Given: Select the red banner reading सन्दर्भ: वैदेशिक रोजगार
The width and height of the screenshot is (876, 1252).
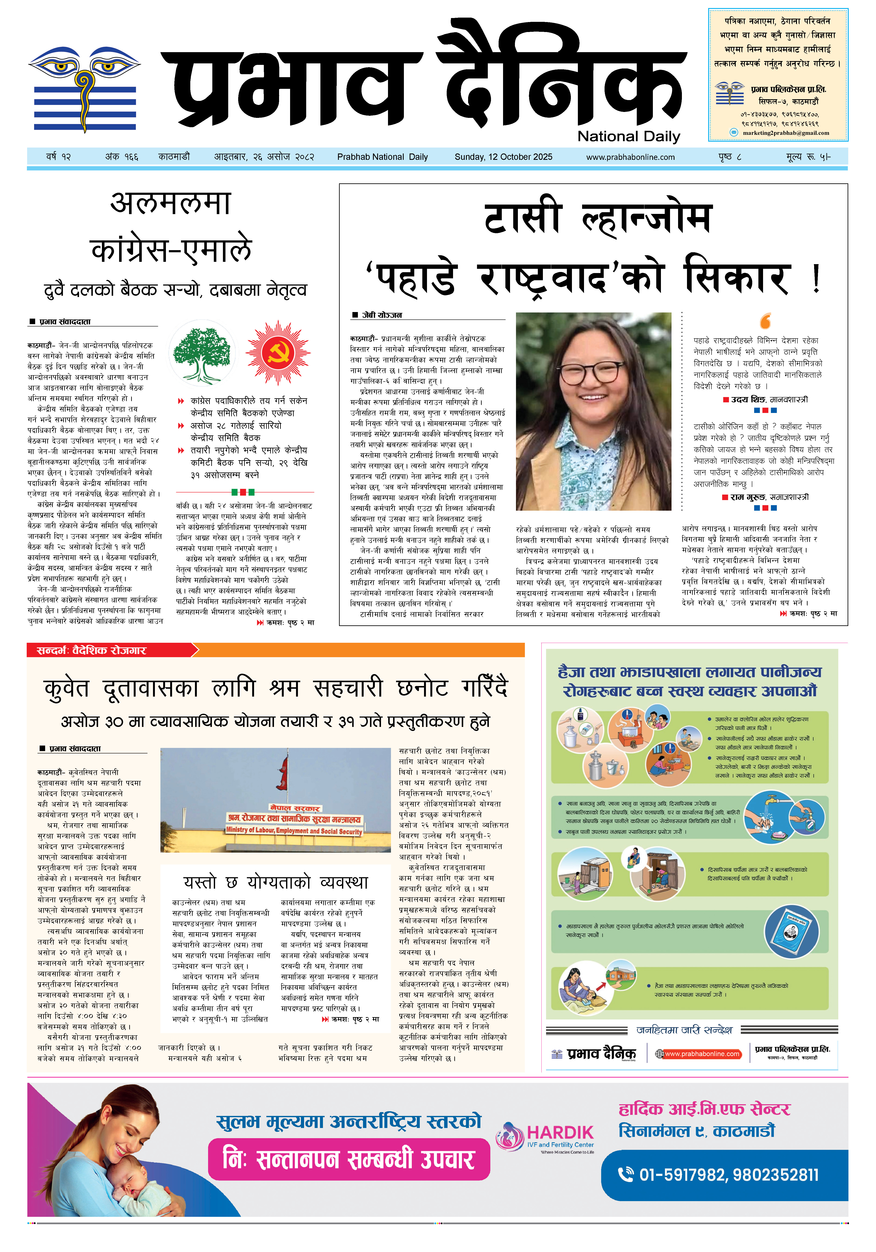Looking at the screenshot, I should point(109,650).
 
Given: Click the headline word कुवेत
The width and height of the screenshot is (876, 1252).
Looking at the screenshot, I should point(67,688).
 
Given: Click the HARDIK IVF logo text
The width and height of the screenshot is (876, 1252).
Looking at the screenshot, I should point(560,1133).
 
